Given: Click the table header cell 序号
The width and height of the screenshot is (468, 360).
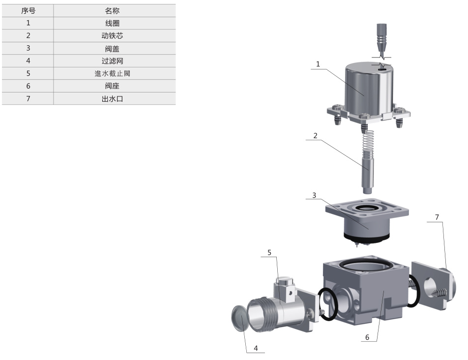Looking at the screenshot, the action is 28,11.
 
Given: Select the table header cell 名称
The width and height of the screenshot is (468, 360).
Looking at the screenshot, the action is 112,11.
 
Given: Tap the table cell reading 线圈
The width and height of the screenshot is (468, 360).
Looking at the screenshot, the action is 112,23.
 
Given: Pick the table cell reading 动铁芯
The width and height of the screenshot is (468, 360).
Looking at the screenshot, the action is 112,36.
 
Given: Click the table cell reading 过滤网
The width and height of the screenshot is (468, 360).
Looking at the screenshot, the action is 112,61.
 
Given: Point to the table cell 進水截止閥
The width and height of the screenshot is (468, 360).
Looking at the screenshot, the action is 112,73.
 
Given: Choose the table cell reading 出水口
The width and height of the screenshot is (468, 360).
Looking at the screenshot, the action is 112,99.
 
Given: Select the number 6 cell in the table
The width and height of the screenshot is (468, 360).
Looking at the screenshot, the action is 28,86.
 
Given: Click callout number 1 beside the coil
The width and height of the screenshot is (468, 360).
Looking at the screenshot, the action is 318,64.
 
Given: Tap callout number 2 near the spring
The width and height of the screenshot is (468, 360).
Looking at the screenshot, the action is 315,136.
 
